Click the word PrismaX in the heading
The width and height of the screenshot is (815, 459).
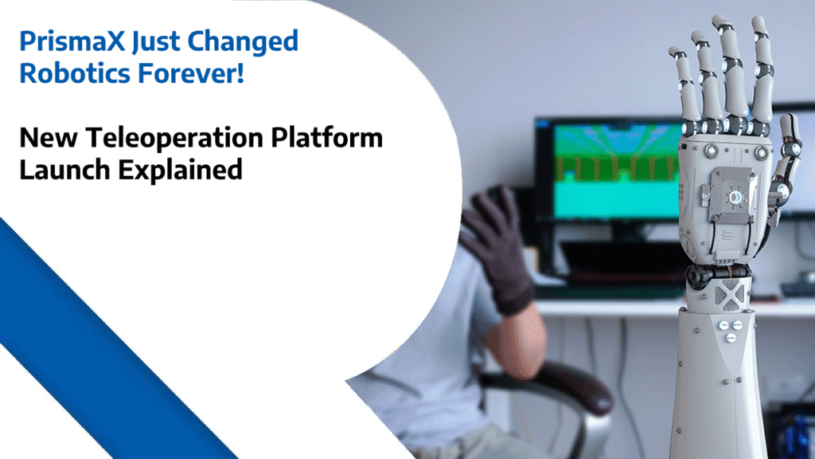click(x=66, y=42)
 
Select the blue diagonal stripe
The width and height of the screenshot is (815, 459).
click(x=103, y=351)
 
